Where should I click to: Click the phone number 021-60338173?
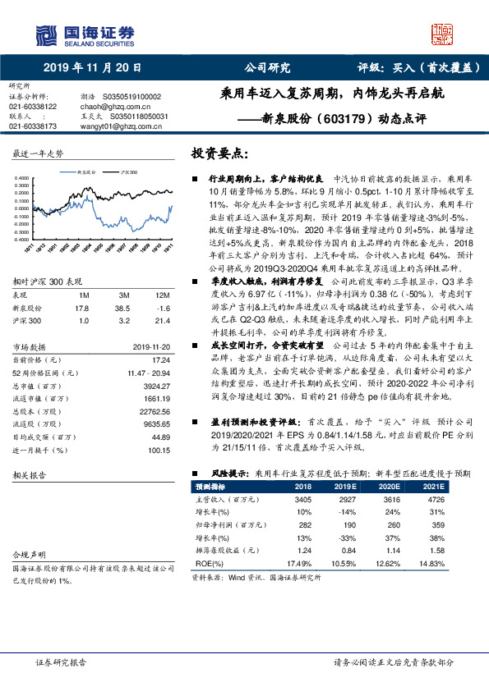click(x=33, y=127)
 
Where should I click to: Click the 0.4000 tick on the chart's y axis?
click(x=22, y=177)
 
